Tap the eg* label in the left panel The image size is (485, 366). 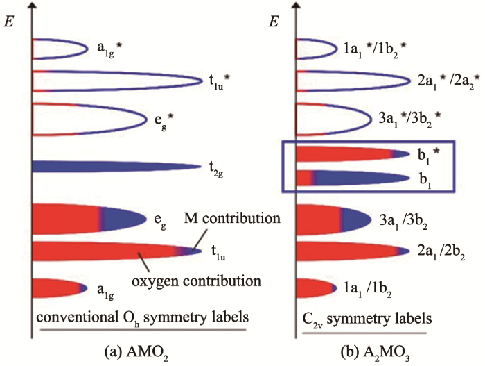click(x=163, y=116)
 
